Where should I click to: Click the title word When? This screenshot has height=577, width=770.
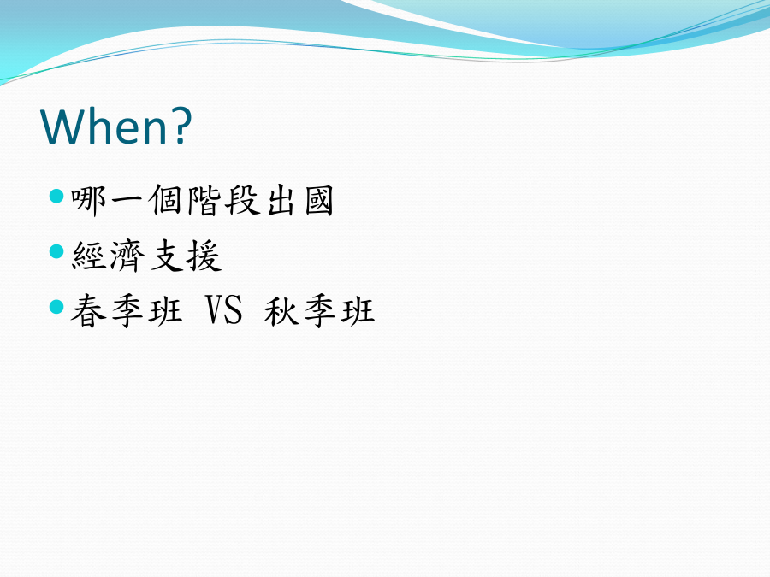(x=116, y=126)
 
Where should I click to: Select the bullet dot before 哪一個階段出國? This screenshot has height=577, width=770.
(x=57, y=197)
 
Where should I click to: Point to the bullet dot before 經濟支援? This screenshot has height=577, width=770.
(x=57, y=251)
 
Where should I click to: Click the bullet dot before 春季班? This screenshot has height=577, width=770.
(x=57, y=307)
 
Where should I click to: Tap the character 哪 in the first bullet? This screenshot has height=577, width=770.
(x=89, y=201)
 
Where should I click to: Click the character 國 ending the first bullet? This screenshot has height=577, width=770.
(x=319, y=201)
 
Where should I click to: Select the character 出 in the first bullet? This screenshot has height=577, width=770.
(x=281, y=201)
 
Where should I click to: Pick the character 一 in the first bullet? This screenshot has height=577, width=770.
(x=127, y=201)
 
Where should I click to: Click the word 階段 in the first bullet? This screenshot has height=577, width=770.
(x=223, y=201)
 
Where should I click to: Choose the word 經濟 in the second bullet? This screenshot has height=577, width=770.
(x=108, y=256)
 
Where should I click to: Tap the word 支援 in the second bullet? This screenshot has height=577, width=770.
(x=186, y=256)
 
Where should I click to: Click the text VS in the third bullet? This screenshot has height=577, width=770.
(x=223, y=310)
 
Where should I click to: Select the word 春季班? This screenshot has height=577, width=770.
(x=127, y=310)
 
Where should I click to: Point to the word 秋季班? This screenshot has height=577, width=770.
(x=319, y=310)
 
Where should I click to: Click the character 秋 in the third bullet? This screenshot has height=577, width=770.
(x=281, y=310)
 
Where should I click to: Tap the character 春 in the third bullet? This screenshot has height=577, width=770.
(x=89, y=310)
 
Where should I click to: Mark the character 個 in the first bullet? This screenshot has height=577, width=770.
(x=166, y=201)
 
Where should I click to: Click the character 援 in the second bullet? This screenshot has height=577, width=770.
(x=204, y=256)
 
